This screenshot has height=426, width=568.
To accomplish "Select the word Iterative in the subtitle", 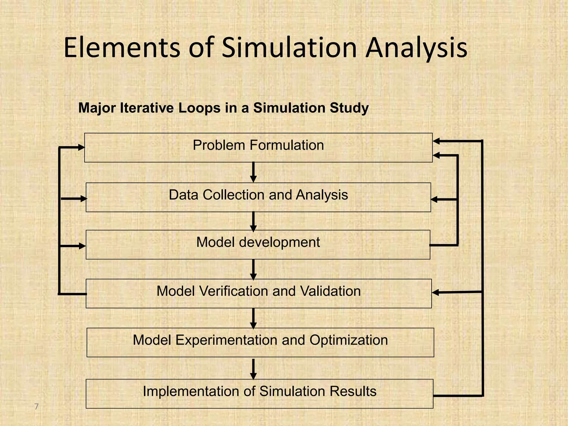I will click(x=147, y=108).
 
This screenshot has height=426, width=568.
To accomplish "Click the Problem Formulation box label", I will click(x=258, y=145).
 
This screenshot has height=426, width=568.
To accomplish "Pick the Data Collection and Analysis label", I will click(x=258, y=195).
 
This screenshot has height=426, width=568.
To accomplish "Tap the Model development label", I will click(x=258, y=242).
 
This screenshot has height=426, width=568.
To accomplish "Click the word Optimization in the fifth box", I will click(x=349, y=340).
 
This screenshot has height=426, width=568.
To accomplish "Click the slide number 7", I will click(x=36, y=407).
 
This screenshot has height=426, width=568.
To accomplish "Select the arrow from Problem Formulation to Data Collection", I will click(x=253, y=172).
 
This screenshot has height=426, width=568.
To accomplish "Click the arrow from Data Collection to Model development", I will click(x=253, y=221).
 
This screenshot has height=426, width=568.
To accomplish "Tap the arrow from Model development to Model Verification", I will click(x=253, y=269).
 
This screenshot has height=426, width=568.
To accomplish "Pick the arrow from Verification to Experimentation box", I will click(x=253, y=318).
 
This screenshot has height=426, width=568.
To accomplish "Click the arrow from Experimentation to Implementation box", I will click(x=253, y=369).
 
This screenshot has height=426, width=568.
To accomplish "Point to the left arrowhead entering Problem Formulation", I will click(x=81, y=148).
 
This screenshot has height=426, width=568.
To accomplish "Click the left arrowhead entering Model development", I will click(x=82, y=246).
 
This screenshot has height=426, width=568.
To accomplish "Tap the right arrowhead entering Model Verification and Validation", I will click(x=436, y=292).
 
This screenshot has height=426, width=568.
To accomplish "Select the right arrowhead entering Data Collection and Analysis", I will click(x=434, y=199).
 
